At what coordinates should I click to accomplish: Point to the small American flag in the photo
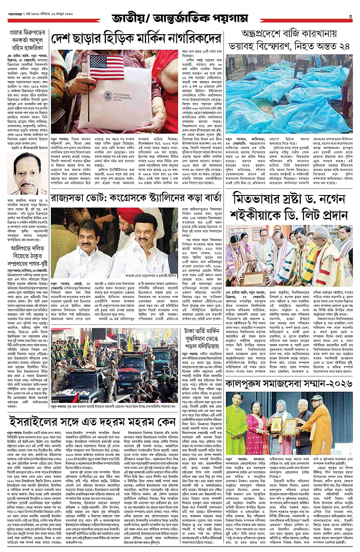(100, 66)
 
